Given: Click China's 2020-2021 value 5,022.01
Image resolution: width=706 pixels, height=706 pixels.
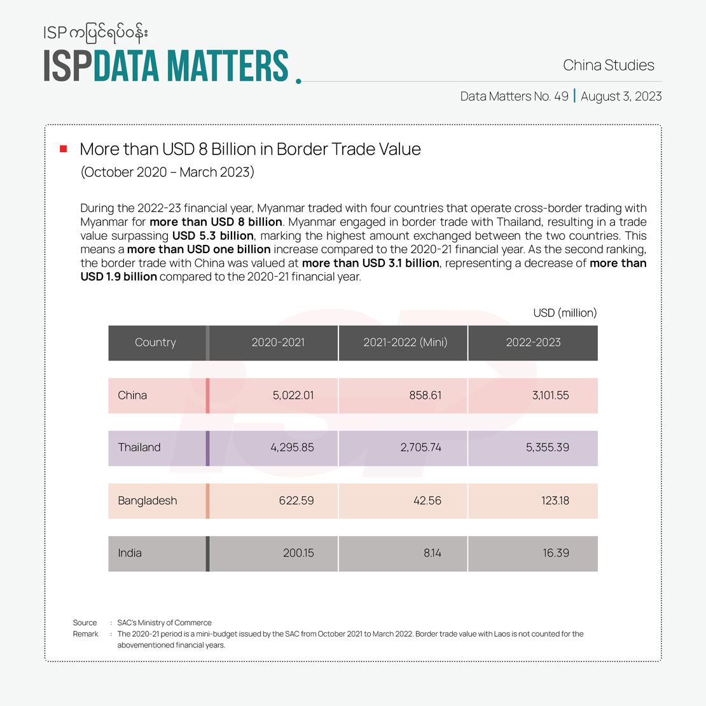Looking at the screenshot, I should pyautogui.click(x=293, y=395).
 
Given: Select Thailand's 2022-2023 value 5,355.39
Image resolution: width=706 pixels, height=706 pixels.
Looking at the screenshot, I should pyautogui.click(x=547, y=447).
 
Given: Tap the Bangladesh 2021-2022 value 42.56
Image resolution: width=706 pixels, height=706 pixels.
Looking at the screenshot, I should pyautogui.click(x=427, y=501).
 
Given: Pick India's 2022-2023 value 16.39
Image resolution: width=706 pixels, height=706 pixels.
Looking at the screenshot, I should pyautogui.click(x=556, y=553).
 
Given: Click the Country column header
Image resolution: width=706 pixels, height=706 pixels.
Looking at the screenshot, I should pyautogui.click(x=155, y=342).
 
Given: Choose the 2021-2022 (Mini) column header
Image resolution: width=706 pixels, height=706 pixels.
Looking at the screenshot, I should pyautogui.click(x=405, y=342).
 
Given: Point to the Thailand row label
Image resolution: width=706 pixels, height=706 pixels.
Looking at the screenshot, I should pyautogui.click(x=139, y=447).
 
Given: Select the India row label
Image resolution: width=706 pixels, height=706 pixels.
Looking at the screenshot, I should pyautogui.click(x=130, y=553).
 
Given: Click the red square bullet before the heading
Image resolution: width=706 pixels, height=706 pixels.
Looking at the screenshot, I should pyautogui.click(x=64, y=149).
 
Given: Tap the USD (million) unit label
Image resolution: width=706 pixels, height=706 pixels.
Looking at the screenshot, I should pyautogui.click(x=565, y=312).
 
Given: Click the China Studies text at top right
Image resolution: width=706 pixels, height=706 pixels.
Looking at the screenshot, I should pyautogui.click(x=609, y=65).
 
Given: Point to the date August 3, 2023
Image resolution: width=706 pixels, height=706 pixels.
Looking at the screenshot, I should pyautogui.click(x=621, y=96).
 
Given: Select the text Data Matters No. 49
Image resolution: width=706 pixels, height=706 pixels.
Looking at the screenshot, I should pyautogui.click(x=515, y=96).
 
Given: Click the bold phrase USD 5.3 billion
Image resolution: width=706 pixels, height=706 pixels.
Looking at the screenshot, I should pyautogui.click(x=213, y=235).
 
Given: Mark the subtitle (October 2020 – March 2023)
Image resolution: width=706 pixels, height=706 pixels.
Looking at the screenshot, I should pyautogui.click(x=167, y=172).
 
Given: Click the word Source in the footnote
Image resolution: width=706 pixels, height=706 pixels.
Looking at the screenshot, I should pyautogui.click(x=85, y=623).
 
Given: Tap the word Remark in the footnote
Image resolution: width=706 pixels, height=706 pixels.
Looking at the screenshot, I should pyautogui.click(x=86, y=633).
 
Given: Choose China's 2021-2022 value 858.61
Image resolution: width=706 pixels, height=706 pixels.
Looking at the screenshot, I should pyautogui.click(x=426, y=395).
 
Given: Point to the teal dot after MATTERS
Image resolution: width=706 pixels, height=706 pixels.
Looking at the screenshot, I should pyautogui.click(x=298, y=81).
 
